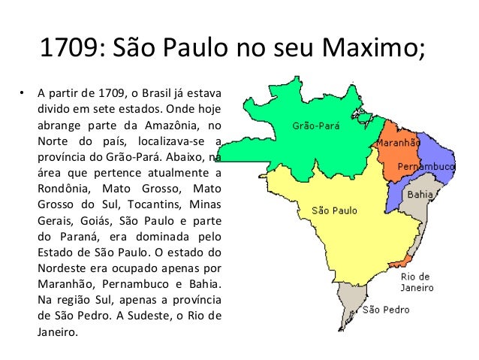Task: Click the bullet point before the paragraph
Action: pos(22,94)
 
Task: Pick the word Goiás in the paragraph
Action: pos(98,219)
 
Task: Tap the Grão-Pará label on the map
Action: pos(314,126)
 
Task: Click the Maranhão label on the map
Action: pos(398,142)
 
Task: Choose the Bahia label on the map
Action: pos(419,194)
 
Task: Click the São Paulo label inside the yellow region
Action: pos(334,210)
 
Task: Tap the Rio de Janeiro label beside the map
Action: pos(415,281)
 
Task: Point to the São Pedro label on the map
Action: pos(386,309)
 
